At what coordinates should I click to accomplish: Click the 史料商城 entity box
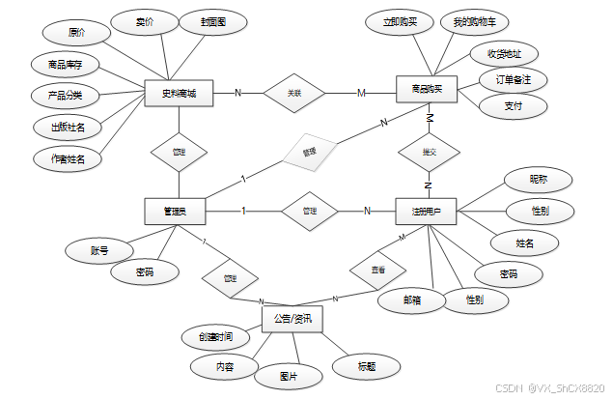pos(179,93)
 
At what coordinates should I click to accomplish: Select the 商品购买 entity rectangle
pos(427,90)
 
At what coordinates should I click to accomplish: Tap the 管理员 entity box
pos(175,210)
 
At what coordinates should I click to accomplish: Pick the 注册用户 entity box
pos(426,210)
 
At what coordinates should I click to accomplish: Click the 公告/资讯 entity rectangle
pos(292,318)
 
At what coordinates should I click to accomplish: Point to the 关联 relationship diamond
pos(295,93)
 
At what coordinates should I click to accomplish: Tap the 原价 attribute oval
pos(78,32)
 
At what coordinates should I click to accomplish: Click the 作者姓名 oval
pos(67,158)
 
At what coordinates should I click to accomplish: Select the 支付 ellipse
pos(514,107)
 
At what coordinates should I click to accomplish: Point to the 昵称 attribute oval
pos(539,179)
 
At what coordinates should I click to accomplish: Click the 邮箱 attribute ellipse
pos(411,300)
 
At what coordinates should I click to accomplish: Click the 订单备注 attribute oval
pos(514,78)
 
